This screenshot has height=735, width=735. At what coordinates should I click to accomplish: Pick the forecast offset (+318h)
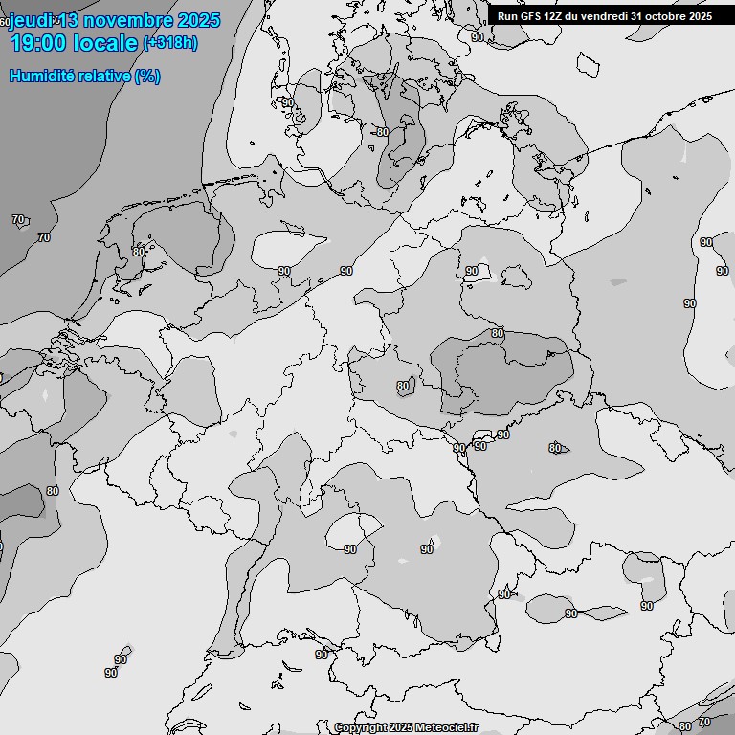coord(170,43)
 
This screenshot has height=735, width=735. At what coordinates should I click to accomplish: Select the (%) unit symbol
coord(147,76)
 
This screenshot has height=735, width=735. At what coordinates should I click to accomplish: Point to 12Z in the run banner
coord(550,16)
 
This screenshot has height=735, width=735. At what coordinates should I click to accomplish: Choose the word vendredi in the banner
coord(600,16)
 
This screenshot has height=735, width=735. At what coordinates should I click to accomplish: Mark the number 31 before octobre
coord(637,16)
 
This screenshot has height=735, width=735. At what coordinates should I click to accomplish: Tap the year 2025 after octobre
coord(700,16)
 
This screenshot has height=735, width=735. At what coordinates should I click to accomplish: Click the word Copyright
coord(360,728)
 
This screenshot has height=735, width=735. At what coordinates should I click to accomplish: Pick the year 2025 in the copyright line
coord(400,728)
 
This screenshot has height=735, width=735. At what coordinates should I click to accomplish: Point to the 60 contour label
coord(5,21)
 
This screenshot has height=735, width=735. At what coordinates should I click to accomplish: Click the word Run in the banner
coord(506,16)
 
